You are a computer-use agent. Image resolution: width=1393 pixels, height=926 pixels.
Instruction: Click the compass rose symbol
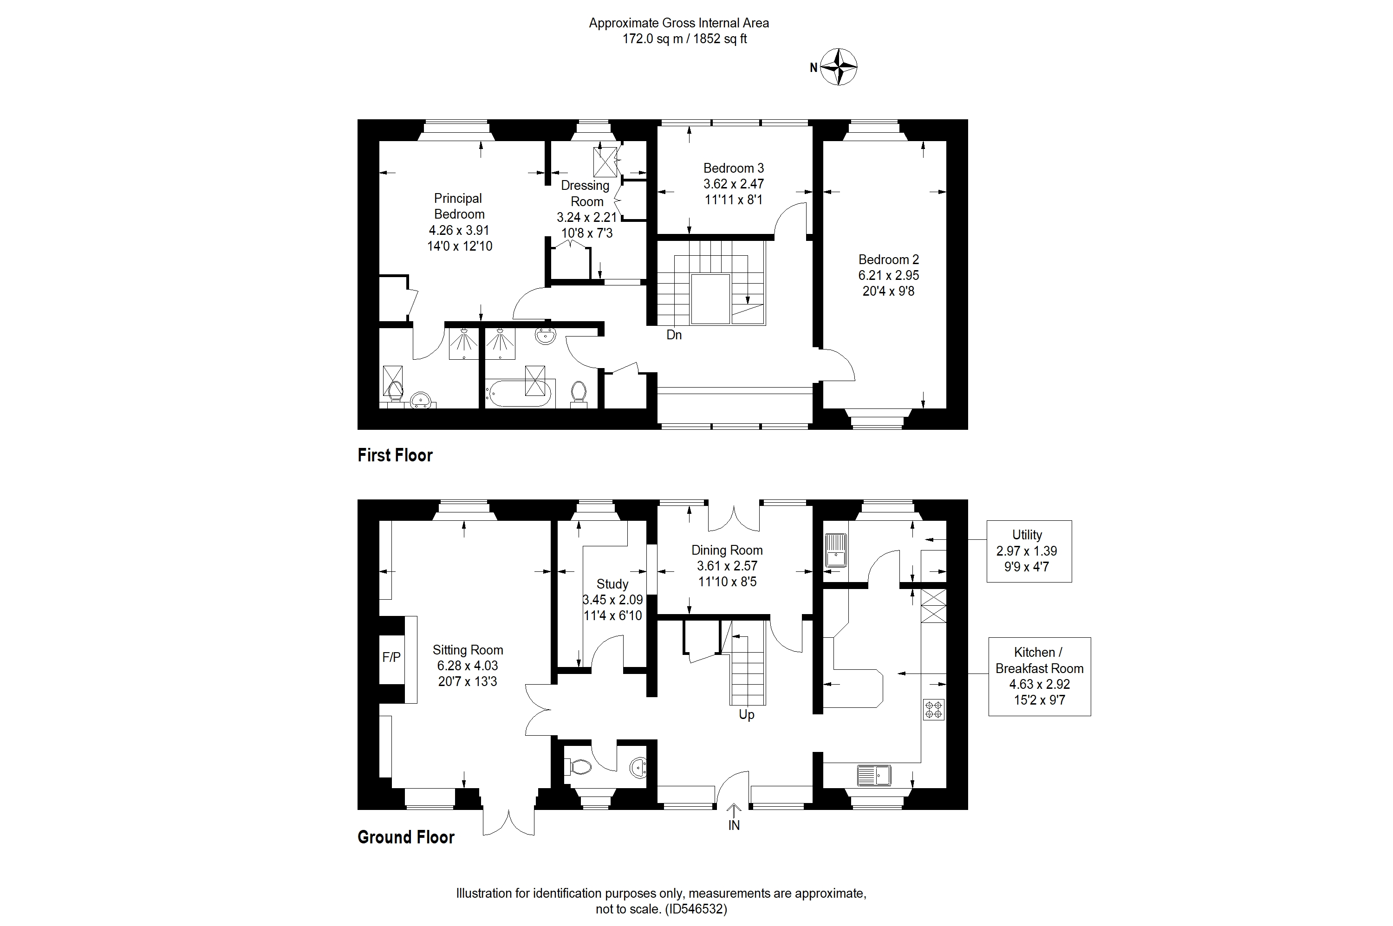point(839,67)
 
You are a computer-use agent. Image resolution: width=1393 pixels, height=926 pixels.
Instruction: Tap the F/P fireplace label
point(391,657)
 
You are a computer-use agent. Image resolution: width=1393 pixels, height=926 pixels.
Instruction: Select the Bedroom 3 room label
point(733,168)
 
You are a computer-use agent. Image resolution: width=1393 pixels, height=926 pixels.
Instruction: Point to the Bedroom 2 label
point(888,260)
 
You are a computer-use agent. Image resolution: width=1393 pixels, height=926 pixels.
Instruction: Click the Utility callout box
point(1028,551)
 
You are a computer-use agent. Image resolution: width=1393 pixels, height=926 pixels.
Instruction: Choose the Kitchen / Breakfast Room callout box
point(1039,676)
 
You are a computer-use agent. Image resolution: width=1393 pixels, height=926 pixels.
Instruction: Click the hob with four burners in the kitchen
point(933,709)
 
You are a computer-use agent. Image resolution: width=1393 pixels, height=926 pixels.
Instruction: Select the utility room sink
point(835,550)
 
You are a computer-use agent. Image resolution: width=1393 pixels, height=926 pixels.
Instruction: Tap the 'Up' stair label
point(746,715)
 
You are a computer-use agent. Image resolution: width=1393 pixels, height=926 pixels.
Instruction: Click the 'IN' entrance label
point(734,826)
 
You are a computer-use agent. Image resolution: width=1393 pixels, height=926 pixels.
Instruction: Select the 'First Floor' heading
point(395,455)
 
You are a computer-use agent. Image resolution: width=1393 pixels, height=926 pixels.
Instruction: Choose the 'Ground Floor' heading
point(406,837)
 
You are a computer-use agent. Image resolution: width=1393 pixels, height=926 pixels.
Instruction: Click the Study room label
point(612,584)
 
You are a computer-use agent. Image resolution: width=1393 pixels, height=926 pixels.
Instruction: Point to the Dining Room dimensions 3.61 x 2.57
point(727,566)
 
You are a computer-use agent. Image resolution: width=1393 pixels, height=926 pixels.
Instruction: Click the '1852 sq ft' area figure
point(720,39)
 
